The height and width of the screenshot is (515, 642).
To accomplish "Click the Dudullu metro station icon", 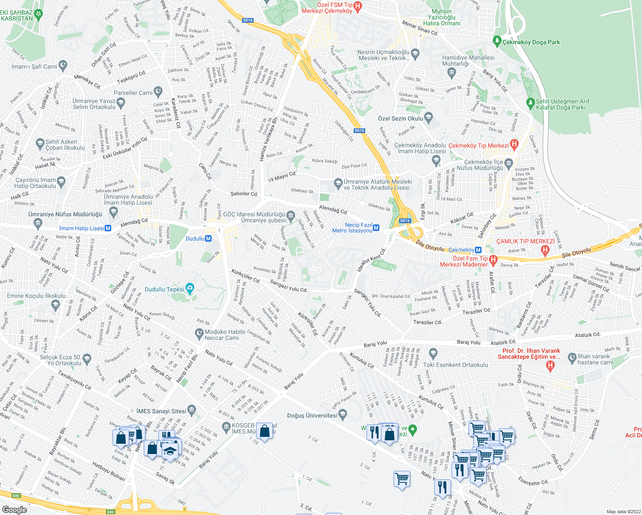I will pos(209,239).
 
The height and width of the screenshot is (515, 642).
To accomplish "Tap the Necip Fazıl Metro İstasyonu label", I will pos(352,228).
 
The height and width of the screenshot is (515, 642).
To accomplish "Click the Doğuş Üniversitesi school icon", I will pos(342,414).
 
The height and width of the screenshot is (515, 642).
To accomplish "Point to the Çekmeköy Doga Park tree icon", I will pos(497,41).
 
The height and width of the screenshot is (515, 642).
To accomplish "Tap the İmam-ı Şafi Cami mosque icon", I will pos(63,66).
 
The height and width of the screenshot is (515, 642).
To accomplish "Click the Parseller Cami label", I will pos(133,93).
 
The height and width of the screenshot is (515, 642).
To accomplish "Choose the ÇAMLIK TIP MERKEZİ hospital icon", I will pos(545,249).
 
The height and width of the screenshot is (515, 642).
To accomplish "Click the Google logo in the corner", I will pos(14,509).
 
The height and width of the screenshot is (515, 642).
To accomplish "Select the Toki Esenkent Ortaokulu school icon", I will pos(433,354).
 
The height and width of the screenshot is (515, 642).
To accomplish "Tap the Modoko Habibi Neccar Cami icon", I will pos(199,333).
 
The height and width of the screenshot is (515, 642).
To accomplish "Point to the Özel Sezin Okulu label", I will pos(400,118).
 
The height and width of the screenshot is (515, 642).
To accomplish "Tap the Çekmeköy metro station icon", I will pos(478,250).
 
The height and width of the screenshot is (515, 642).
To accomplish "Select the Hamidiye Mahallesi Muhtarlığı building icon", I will pos(451,72).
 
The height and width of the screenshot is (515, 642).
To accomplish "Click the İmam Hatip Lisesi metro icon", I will pos(108,228).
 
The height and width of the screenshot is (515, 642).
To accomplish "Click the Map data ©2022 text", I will pos(624,512).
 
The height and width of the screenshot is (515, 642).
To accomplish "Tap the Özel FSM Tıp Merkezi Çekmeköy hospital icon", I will pos(357,6).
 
